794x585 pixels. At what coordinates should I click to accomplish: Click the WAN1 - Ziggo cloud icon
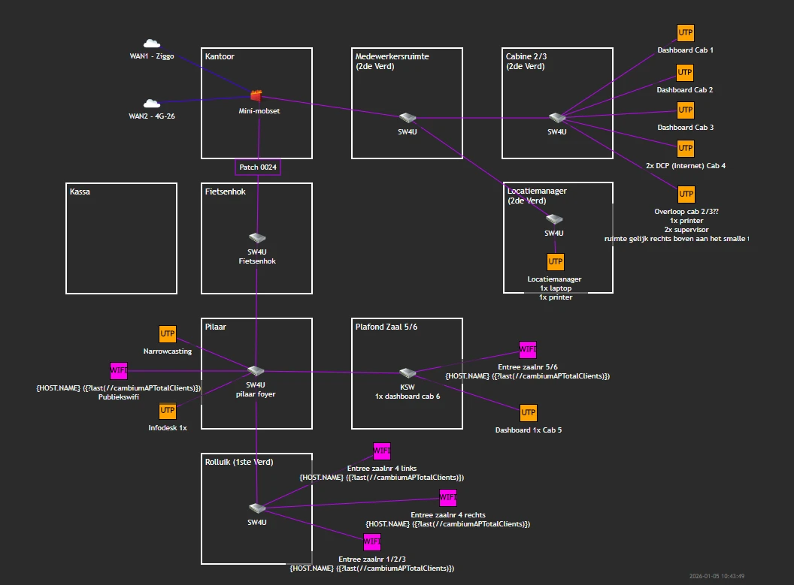pyautogui.click(x=151, y=44)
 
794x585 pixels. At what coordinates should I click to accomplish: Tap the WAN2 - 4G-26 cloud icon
pyautogui.click(x=151, y=104)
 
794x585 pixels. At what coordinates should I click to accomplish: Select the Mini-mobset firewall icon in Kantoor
pyautogui.click(x=256, y=95)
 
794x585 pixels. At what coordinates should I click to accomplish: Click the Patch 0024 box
pyautogui.click(x=258, y=167)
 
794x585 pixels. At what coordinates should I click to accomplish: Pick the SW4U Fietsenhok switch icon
pyautogui.click(x=257, y=238)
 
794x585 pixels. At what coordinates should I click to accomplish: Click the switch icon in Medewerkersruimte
pyautogui.click(x=408, y=118)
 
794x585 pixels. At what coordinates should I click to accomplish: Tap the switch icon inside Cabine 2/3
pyautogui.click(x=556, y=118)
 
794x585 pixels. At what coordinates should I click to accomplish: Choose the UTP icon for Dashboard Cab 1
pyautogui.click(x=685, y=34)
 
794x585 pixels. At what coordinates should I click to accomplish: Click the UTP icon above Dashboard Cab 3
pyautogui.click(x=685, y=110)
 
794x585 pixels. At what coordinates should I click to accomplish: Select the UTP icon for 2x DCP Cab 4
pyautogui.click(x=685, y=148)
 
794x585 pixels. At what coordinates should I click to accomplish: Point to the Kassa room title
pyautogui.click(x=80, y=191)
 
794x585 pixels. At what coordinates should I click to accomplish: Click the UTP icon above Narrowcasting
pyautogui.click(x=168, y=334)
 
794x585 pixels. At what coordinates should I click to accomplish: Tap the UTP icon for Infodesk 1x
pyautogui.click(x=168, y=411)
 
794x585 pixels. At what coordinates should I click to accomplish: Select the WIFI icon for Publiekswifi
pyautogui.click(x=119, y=370)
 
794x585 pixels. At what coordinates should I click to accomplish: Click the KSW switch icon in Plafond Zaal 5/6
pyautogui.click(x=408, y=373)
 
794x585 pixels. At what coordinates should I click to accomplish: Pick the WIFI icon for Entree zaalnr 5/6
pyautogui.click(x=528, y=350)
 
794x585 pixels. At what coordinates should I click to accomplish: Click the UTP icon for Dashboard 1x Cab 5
pyautogui.click(x=529, y=413)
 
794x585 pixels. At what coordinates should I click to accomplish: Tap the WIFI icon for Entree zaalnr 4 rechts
pyautogui.click(x=448, y=498)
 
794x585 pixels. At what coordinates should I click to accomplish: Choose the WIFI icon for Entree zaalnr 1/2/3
pyautogui.click(x=372, y=541)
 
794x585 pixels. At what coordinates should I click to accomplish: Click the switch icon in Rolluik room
pyautogui.click(x=257, y=508)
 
